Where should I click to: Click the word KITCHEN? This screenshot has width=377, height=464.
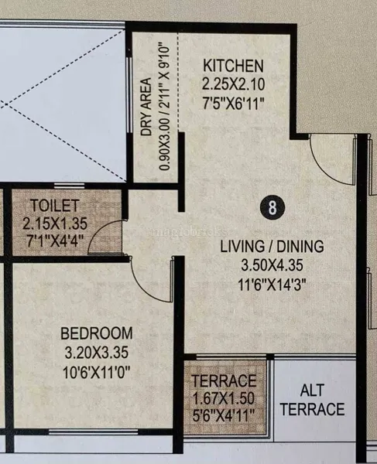[233, 66]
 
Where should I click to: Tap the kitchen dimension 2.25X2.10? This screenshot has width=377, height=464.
[233, 84]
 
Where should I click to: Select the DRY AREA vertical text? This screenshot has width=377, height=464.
[146, 107]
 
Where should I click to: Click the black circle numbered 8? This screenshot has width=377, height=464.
[272, 207]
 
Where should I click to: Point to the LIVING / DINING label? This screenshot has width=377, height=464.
[272, 246]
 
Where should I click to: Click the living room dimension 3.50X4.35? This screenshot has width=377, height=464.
[272, 265]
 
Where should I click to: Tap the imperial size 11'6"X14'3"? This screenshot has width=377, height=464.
[272, 285]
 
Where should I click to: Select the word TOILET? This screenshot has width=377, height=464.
[55, 206]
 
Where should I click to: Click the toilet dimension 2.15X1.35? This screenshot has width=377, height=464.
[55, 223]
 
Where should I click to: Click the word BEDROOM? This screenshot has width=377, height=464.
[97, 333]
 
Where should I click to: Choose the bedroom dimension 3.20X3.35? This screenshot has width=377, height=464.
[97, 353]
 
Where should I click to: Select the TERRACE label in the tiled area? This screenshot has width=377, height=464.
[224, 380]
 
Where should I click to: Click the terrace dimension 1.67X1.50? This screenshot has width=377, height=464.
[224, 398]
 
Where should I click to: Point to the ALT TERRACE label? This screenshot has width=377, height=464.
[313, 400]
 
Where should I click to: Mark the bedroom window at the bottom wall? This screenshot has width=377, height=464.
[94, 432]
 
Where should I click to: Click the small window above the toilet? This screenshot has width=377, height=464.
[70, 186]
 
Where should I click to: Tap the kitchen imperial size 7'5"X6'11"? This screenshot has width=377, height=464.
[233, 104]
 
